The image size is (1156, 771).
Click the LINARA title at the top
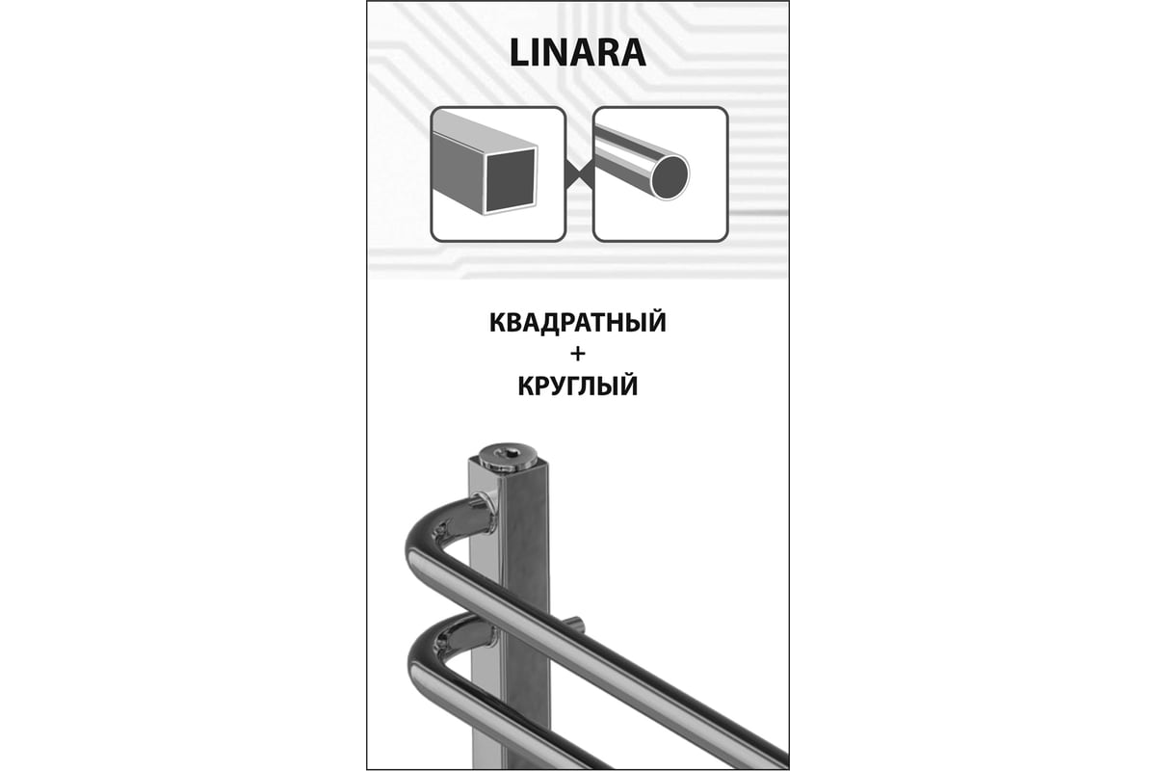coord(577,53)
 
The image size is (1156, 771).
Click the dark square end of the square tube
coord(511,179)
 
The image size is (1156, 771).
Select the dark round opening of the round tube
coord(670,176)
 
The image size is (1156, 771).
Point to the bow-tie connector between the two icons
coord(579,174)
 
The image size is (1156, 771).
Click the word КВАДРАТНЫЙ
coord(577,323)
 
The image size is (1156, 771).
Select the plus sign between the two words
coord(578,355)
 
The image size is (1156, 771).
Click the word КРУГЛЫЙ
coord(577,385)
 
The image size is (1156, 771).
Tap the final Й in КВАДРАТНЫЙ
coord(656,321)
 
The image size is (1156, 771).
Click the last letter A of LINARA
coord(633,53)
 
